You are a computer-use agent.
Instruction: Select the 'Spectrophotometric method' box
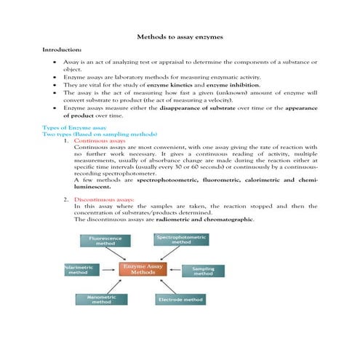click(182, 239)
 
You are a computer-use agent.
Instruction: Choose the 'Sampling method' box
click(203, 271)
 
